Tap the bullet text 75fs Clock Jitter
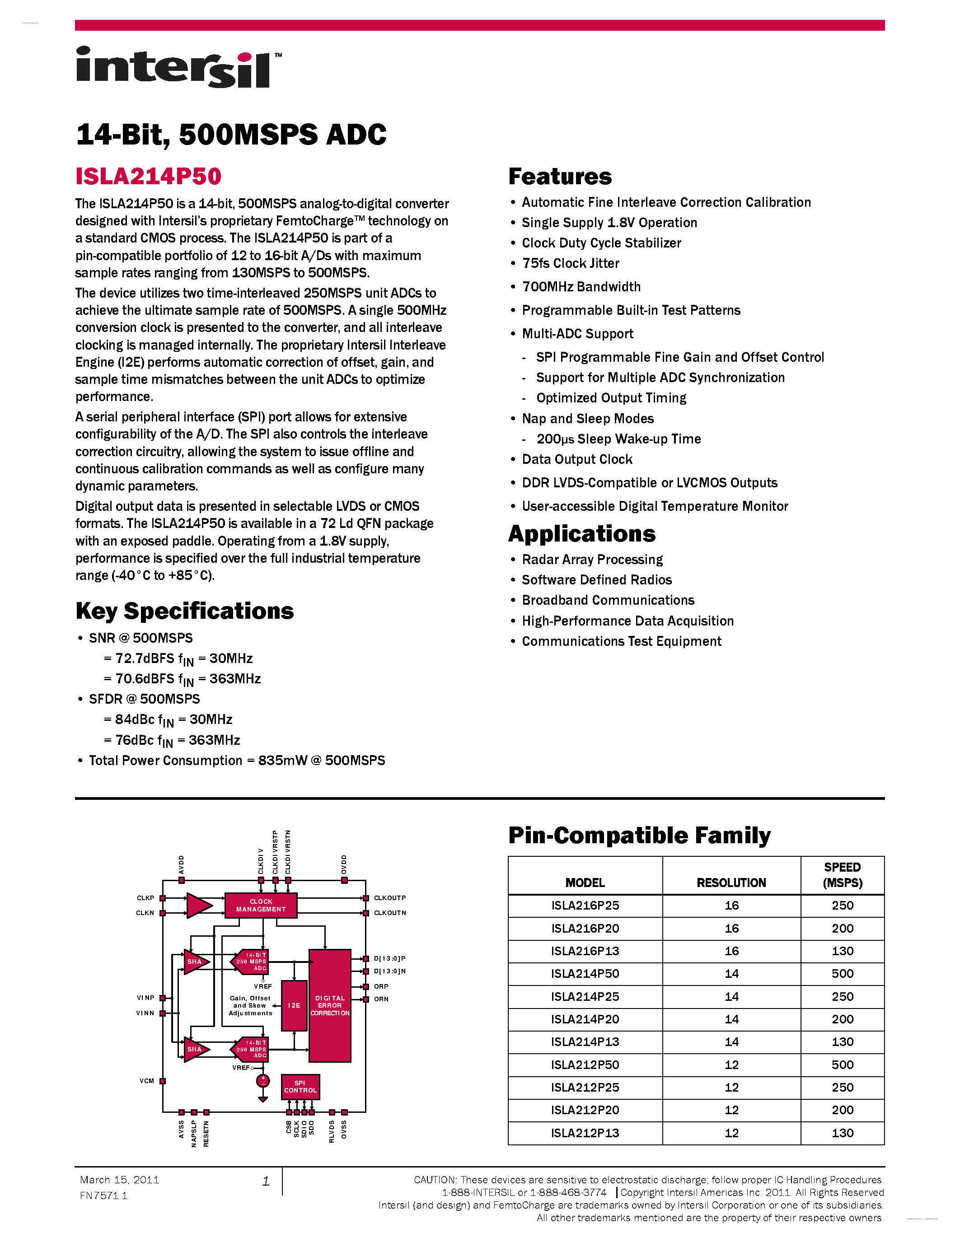(571, 263)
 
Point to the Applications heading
(581, 533)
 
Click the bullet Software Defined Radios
(597, 579)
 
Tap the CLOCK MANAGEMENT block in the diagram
(261, 906)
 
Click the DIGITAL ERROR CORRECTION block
(330, 1005)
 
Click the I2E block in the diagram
(294, 1005)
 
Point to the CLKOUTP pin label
(389, 898)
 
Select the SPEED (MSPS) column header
(842, 875)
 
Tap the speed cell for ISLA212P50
(842, 1065)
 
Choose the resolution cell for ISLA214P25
(731, 996)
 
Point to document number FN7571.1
(103, 1195)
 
